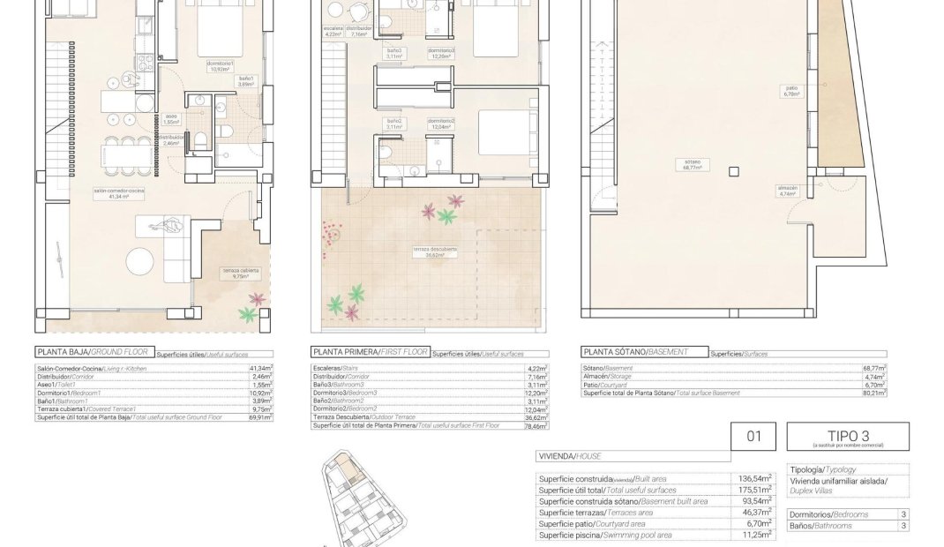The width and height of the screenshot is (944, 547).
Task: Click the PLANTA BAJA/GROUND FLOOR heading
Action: [93, 351]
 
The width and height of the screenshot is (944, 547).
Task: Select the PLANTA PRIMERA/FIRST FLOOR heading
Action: [371, 351]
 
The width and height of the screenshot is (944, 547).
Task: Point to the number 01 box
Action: [753, 436]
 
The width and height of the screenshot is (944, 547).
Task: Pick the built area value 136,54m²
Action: [754, 478]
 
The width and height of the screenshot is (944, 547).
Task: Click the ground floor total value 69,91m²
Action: [259, 416]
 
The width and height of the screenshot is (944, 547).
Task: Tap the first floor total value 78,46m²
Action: [535, 425]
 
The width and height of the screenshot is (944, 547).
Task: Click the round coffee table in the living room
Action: [142, 262]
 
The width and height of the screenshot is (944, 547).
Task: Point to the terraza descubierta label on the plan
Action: [435, 251]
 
